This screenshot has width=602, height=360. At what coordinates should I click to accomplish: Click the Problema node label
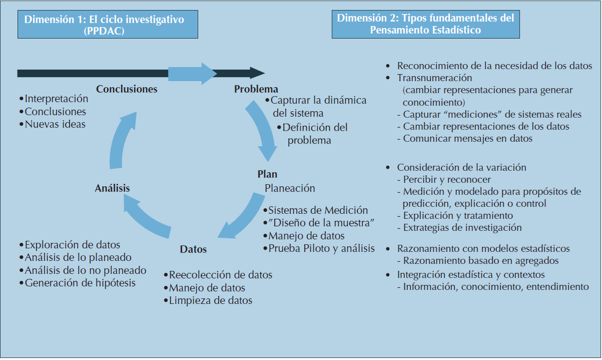click(x=256, y=89)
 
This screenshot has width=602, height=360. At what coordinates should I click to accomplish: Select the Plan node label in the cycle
click(x=267, y=174)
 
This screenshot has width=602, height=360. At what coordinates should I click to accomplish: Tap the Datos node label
click(x=193, y=249)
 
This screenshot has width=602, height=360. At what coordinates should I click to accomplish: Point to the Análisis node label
click(x=112, y=188)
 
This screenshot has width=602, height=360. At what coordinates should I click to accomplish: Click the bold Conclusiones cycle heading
click(x=127, y=89)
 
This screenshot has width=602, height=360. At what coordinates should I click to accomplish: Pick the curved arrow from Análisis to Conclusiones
click(x=120, y=140)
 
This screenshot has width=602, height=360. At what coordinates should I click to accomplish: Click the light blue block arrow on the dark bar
click(x=192, y=73)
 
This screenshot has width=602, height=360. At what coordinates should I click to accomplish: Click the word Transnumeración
click(x=434, y=78)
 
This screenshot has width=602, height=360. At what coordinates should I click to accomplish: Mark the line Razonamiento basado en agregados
click(x=480, y=260)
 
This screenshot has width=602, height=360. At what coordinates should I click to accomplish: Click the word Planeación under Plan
click(x=290, y=188)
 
